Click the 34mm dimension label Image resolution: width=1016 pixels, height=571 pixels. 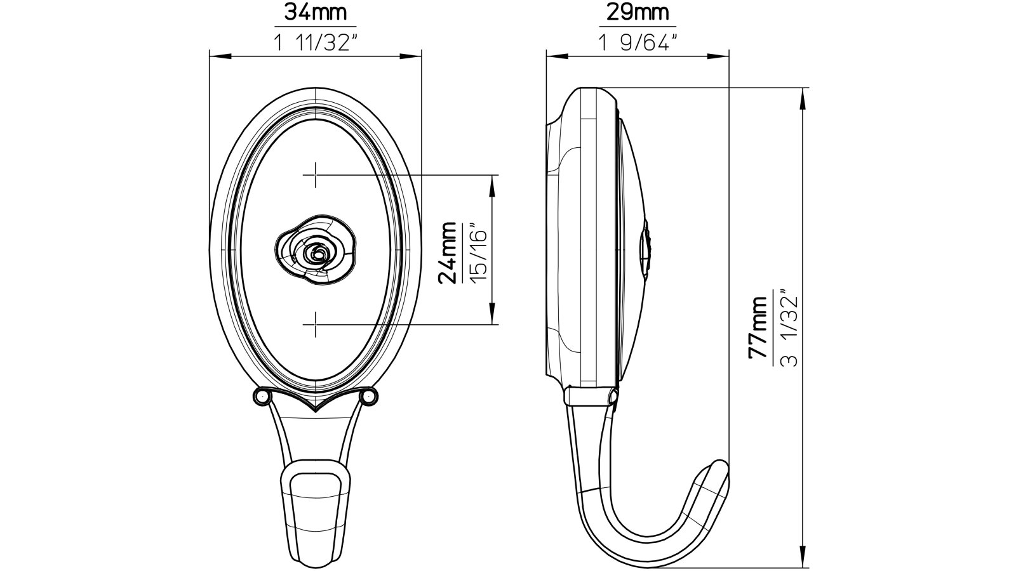315,13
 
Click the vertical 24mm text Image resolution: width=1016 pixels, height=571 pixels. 448,252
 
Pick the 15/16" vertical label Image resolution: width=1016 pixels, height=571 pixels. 478,252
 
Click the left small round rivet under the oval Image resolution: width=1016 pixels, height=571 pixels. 260,397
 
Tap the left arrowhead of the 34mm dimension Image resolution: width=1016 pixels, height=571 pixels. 217,56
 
